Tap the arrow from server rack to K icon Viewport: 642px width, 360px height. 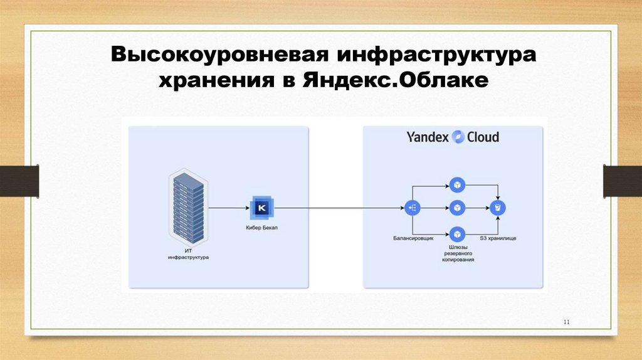point(229,207)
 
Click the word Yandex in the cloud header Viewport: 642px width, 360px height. point(428,137)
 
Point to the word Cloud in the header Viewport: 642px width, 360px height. point(483,137)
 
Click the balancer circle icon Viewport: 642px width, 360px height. point(413,207)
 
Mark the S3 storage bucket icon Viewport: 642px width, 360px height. point(498,207)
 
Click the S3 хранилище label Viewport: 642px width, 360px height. point(498,238)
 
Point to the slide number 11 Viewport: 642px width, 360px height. point(566,322)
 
